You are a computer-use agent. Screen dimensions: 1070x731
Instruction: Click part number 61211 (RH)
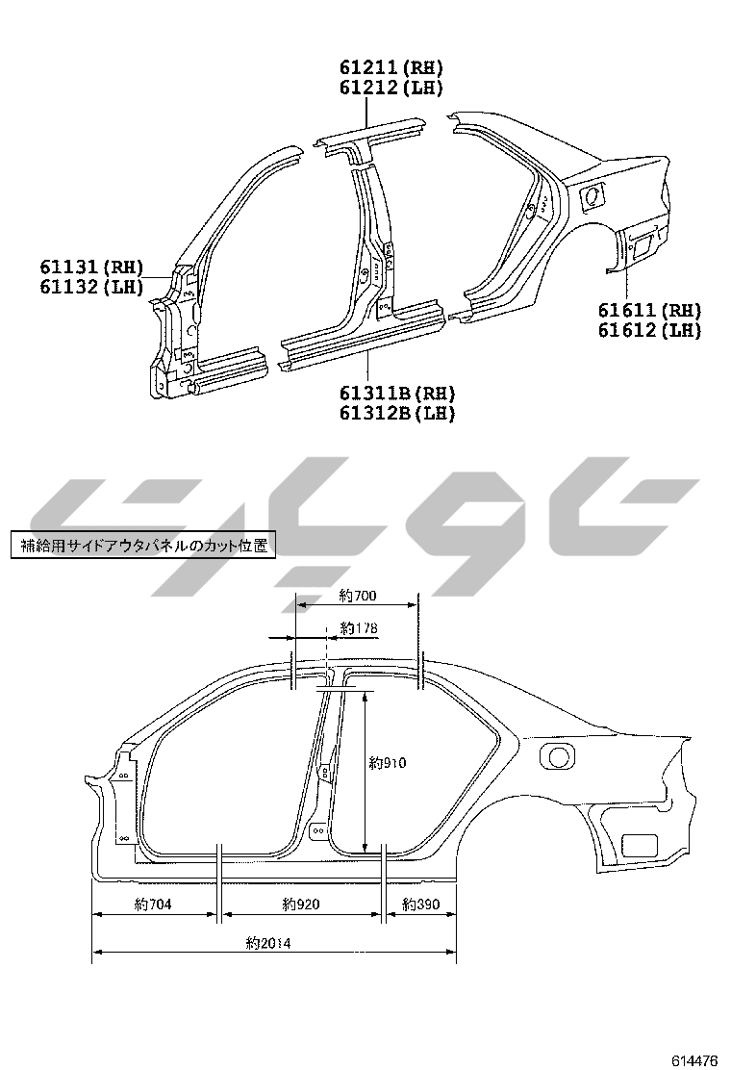[391, 67]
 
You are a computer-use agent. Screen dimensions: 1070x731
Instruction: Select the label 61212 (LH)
[391, 88]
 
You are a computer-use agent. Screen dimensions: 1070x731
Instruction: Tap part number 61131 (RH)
[91, 266]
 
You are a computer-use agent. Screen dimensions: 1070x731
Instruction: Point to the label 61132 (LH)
[91, 286]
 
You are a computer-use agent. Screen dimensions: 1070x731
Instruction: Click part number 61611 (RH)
[649, 310]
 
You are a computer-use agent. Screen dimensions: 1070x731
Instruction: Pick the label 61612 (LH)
[649, 330]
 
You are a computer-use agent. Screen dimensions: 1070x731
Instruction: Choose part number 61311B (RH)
[396, 393]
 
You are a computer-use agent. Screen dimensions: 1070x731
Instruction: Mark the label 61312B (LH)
[396, 413]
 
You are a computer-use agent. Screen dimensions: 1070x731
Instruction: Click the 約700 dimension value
[358, 597]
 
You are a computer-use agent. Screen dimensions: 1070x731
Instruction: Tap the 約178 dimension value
[358, 629]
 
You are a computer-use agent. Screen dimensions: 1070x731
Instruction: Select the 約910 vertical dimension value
[388, 763]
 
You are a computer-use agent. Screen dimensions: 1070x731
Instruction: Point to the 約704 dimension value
[153, 904]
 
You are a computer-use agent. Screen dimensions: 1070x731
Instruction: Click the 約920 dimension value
[301, 904]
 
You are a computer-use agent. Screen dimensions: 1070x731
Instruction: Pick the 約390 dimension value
[420, 904]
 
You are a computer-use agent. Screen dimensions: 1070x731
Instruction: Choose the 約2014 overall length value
[267, 944]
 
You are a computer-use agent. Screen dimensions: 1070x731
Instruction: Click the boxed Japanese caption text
[142, 546]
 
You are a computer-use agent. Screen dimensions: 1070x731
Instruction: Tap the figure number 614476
[694, 1059]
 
